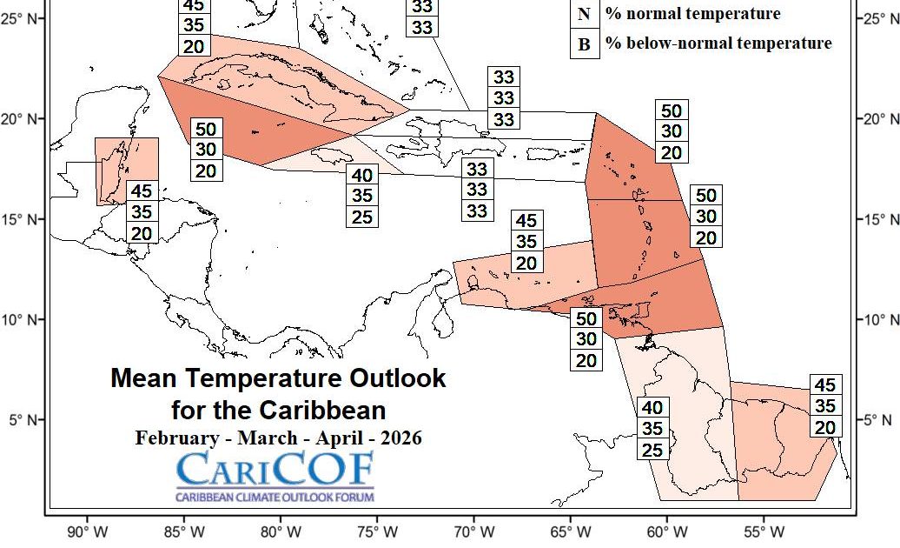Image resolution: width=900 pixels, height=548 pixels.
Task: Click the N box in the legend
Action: click(x=584, y=15)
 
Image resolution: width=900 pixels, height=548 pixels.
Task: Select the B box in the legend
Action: click(x=584, y=44)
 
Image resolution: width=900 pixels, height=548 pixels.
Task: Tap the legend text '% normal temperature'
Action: click(x=692, y=14)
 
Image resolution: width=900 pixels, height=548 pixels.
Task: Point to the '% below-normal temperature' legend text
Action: click(x=718, y=43)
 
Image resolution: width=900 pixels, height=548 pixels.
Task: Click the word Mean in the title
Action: click(x=142, y=378)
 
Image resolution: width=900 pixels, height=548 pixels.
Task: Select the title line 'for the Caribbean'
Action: click(x=278, y=409)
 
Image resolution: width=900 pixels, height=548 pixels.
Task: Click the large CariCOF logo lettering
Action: click(x=275, y=471)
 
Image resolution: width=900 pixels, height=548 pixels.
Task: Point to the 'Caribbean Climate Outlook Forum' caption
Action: click(x=275, y=497)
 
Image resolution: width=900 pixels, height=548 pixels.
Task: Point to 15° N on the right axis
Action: click(x=879, y=219)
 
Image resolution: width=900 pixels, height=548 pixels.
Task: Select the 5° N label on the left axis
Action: click(x=25, y=420)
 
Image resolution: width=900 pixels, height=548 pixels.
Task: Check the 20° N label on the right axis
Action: click(x=879, y=119)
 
